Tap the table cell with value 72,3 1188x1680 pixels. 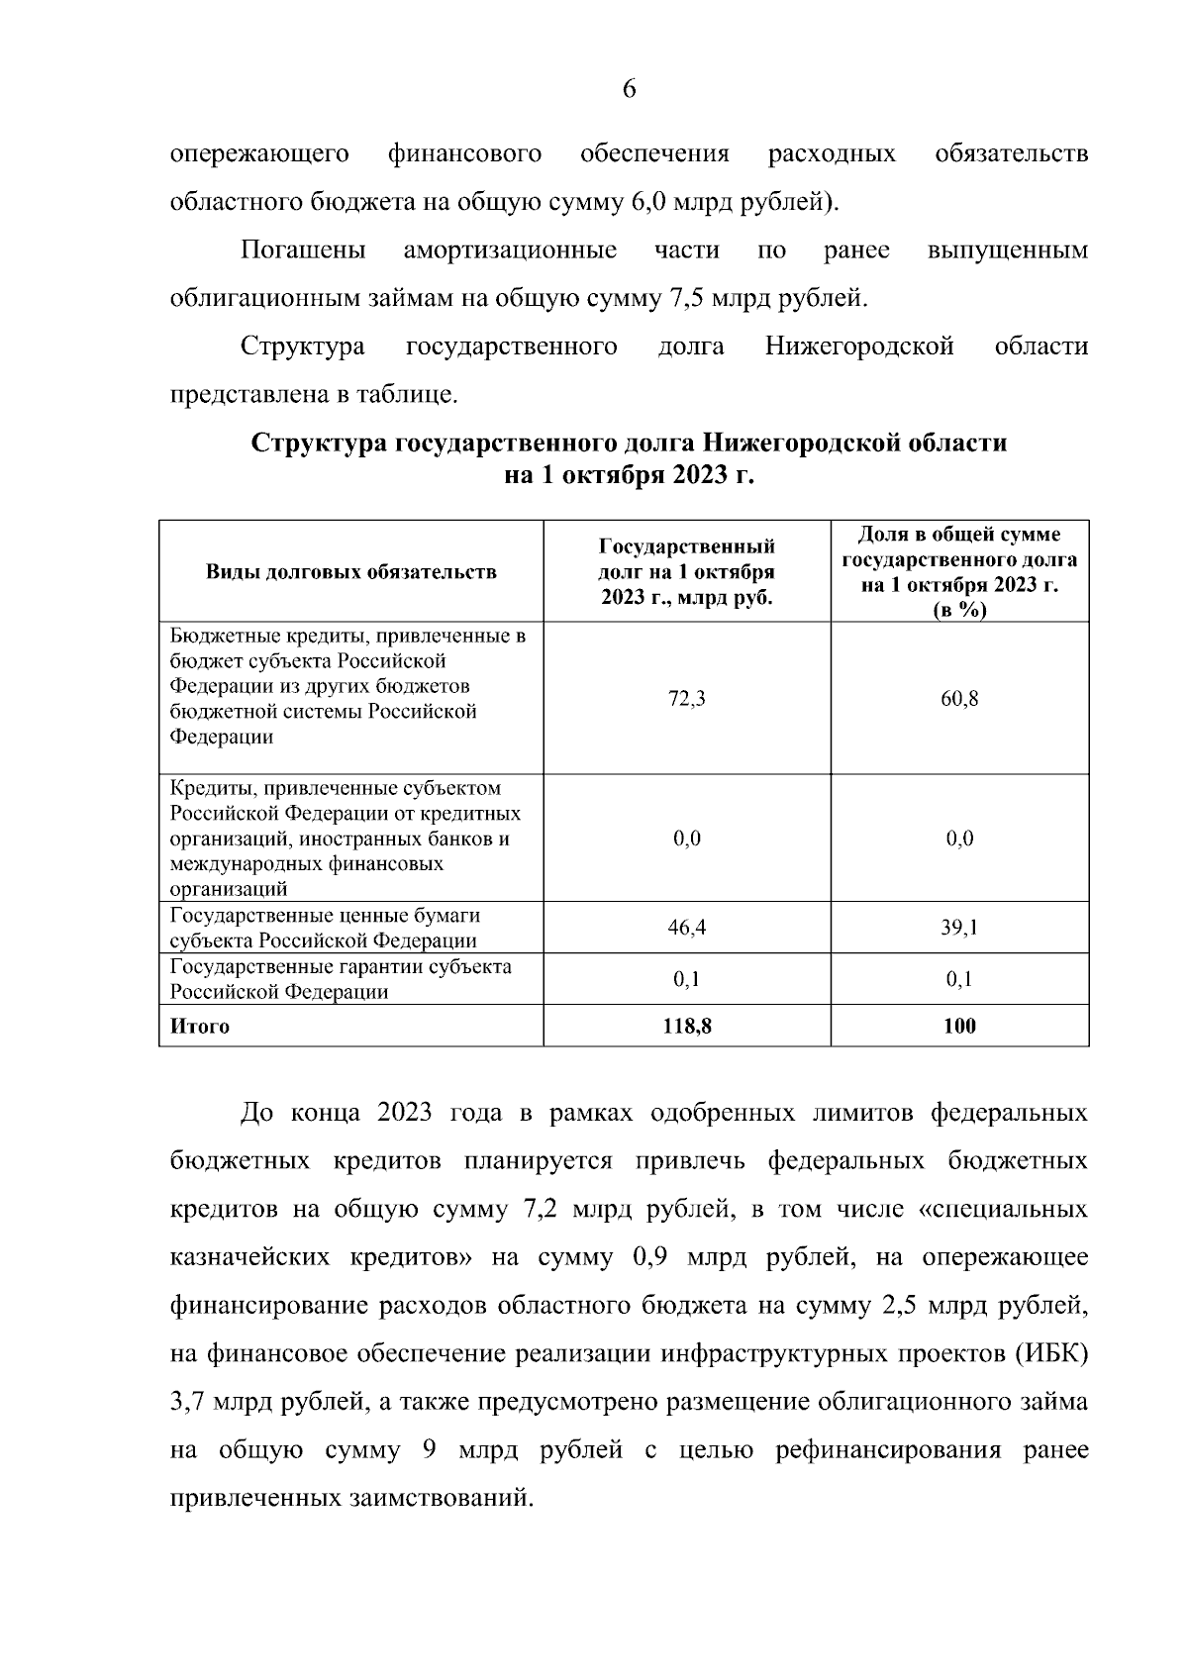point(687,699)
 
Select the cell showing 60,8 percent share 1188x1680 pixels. point(959,699)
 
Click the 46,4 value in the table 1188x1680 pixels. point(687,928)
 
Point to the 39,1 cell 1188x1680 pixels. point(959,928)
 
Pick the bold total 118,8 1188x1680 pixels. point(687,1026)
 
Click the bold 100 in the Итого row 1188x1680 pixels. point(959,1026)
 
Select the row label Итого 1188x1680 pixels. point(200,1026)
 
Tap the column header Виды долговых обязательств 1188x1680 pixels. point(350,572)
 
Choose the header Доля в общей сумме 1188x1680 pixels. point(959,536)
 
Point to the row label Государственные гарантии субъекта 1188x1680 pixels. point(341,966)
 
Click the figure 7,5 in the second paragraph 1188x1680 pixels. point(675,298)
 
